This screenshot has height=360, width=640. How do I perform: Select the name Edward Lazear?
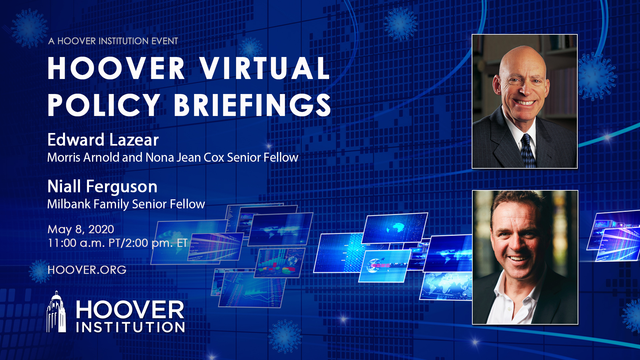point(103,140)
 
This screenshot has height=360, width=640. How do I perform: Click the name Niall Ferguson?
point(102,187)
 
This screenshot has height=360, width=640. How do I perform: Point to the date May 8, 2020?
point(81,229)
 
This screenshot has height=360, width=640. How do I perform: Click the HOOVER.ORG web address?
point(87,270)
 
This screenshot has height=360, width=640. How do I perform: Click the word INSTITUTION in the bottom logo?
point(130,327)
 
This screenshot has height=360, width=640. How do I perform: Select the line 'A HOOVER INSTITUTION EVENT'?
point(113,41)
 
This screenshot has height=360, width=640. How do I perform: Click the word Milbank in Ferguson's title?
point(69,204)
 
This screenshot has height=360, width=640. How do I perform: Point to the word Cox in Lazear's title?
point(214,157)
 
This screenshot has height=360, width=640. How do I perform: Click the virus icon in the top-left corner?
point(29,28)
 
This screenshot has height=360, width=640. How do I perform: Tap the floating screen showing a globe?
point(395,228)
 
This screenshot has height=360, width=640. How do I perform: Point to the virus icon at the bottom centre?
point(285,337)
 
